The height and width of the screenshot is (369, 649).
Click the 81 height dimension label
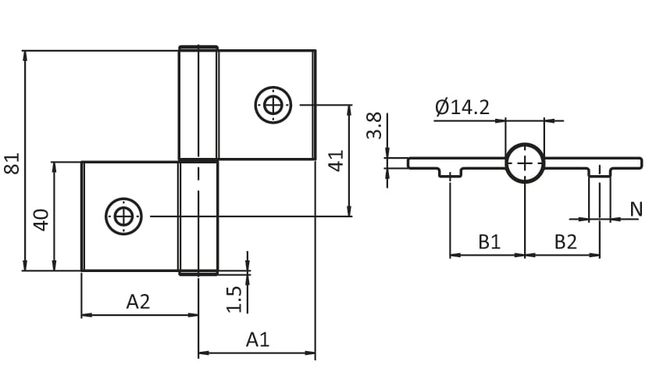click(12, 163)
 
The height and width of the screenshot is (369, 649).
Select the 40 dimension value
click(41, 220)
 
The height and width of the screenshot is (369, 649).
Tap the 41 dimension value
click(336, 161)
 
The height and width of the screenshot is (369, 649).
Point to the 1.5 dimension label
click(234, 299)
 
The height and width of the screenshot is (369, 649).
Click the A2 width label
click(138, 302)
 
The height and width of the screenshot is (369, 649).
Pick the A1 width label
click(258, 339)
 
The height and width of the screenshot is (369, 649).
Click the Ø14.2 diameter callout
click(462, 107)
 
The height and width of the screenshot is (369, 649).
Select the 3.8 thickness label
click(374, 126)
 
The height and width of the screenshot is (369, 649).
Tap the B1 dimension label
click(489, 242)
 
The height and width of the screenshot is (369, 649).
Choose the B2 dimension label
click(565, 242)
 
